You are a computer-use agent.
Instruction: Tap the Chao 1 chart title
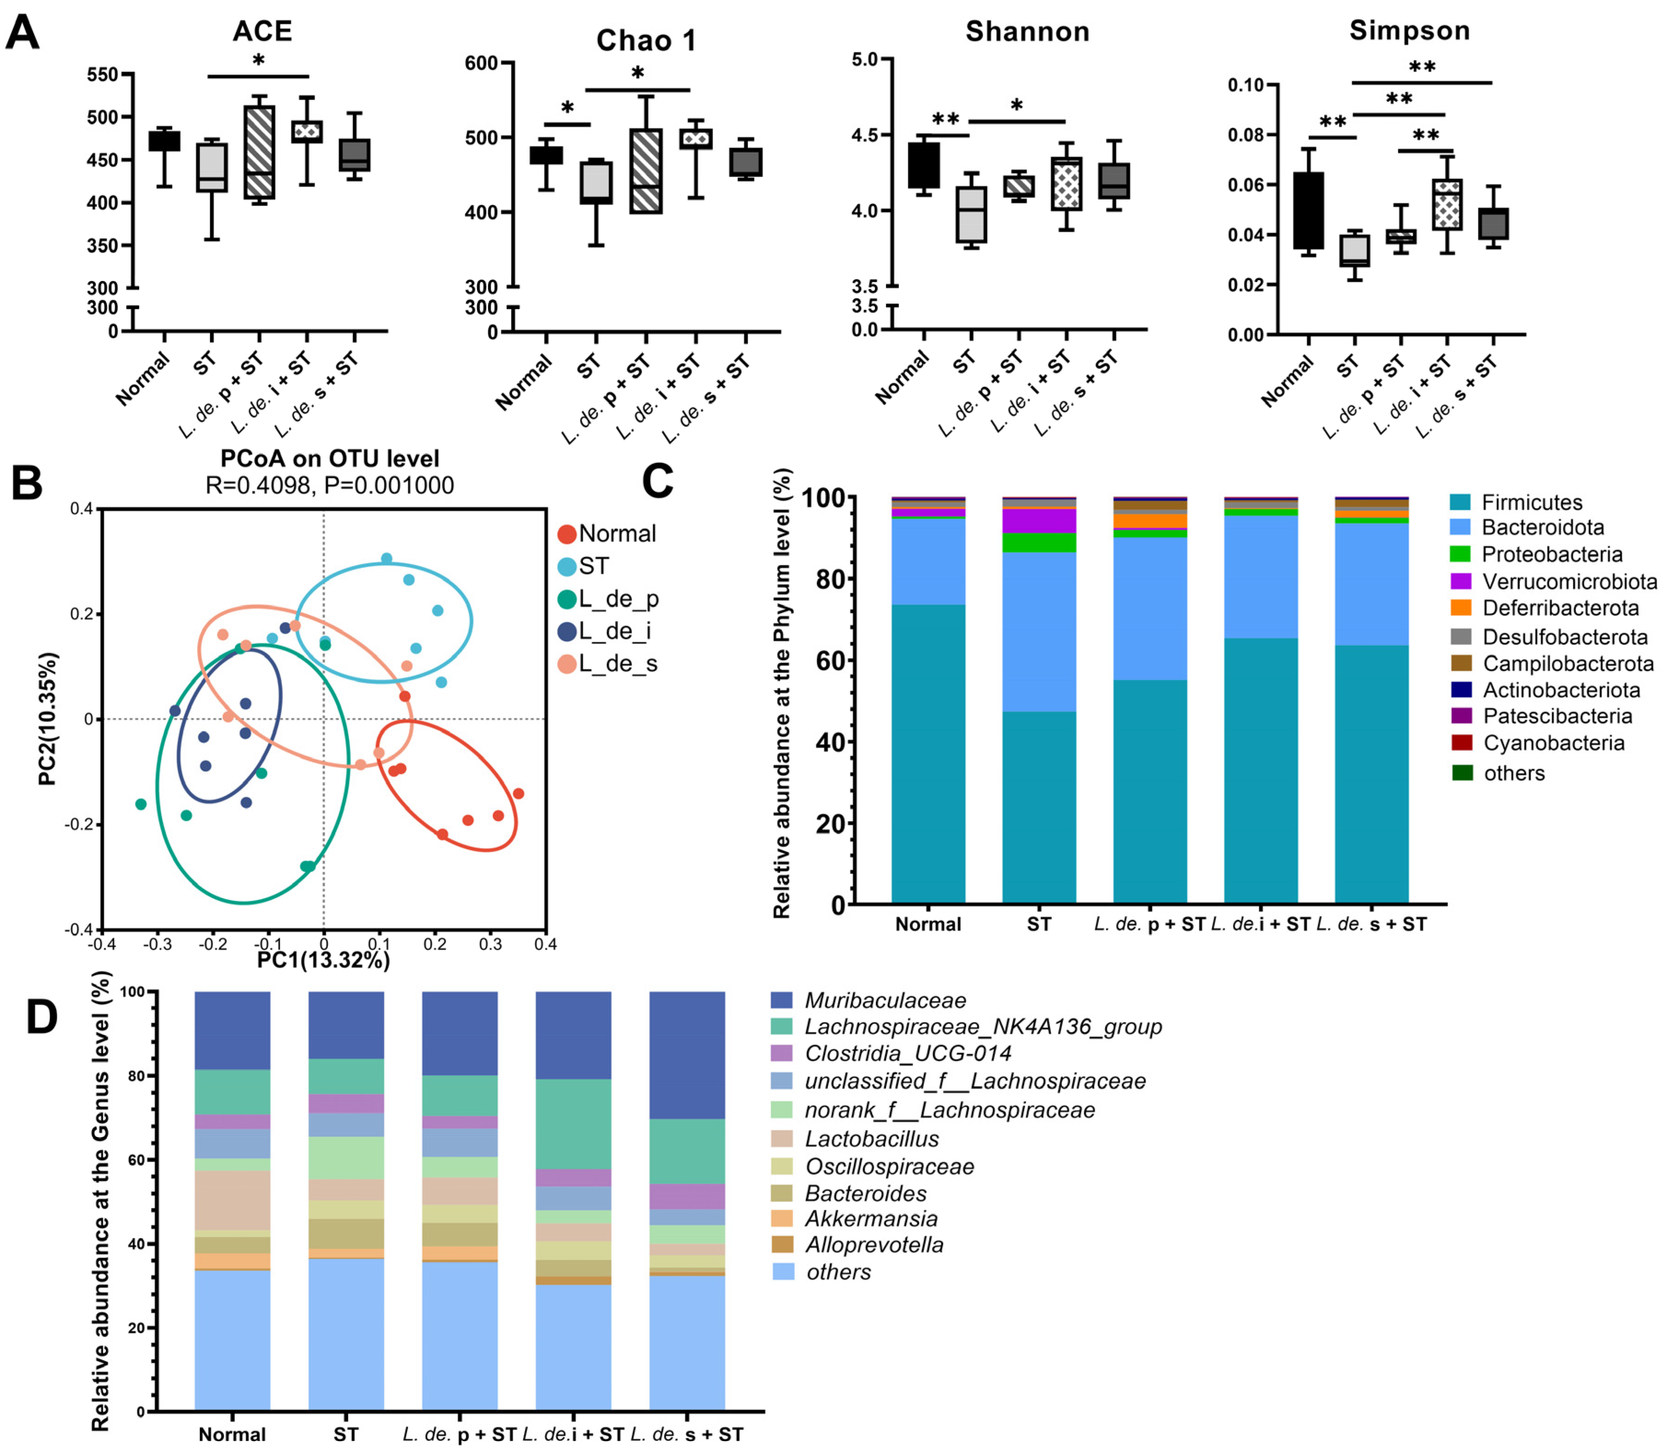point(646,41)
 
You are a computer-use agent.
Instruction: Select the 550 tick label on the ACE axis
point(103,75)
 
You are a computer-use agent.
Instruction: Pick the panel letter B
point(27,483)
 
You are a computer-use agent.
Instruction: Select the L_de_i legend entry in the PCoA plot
point(615,631)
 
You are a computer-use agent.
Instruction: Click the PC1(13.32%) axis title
point(323,960)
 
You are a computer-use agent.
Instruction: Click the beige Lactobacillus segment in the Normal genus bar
point(232,1200)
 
